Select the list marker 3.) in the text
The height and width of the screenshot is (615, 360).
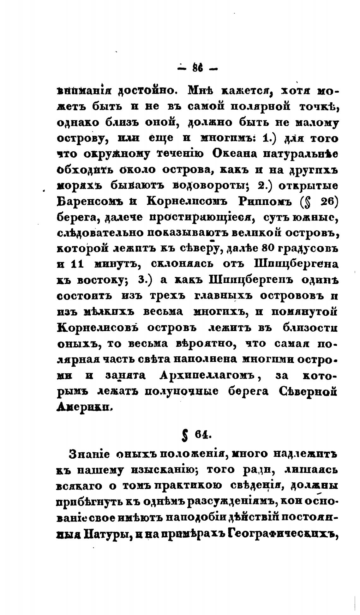pos(145,280)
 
